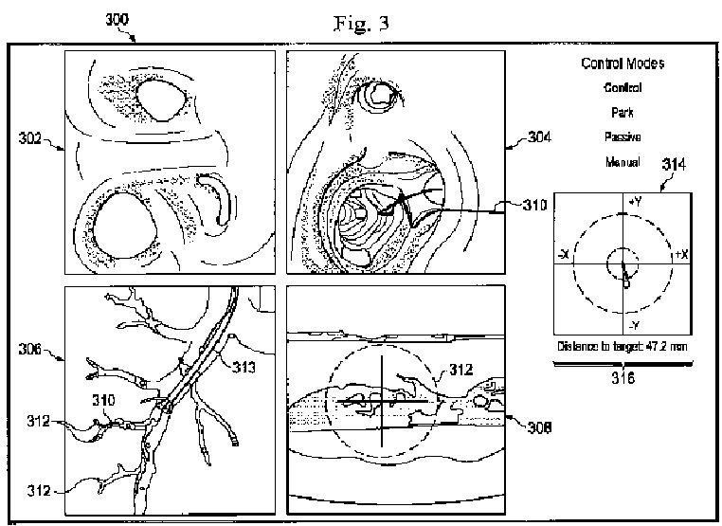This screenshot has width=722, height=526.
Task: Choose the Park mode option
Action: (622, 112)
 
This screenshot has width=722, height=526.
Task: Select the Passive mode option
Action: (622, 136)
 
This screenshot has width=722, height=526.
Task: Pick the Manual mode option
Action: (622, 162)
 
